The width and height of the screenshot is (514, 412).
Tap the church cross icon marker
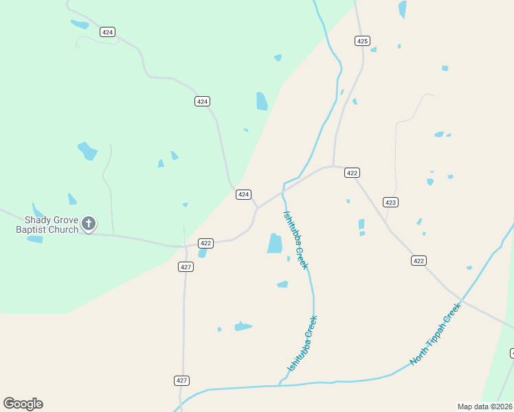(x=89, y=223)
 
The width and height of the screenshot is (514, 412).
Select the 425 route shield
(x=363, y=41)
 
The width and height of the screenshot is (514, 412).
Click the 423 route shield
(x=390, y=202)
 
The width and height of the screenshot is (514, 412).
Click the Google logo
(x=23, y=404)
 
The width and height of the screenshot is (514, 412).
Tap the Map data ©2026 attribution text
(x=484, y=407)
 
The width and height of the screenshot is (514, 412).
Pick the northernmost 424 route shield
(x=107, y=32)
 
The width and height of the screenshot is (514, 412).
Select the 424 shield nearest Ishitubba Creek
(x=243, y=194)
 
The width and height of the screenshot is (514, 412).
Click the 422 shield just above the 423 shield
(x=352, y=173)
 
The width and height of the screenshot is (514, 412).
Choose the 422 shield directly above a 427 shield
(x=205, y=243)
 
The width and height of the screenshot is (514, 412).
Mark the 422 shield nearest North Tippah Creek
(x=419, y=260)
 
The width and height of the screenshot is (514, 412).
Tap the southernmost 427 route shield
(x=181, y=380)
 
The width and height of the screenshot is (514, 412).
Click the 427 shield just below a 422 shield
(x=185, y=266)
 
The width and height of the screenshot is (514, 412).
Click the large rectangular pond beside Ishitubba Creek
(x=275, y=243)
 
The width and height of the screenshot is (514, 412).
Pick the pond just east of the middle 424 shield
(x=261, y=101)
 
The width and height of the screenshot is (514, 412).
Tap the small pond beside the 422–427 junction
(x=202, y=253)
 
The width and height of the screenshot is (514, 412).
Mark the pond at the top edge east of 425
(x=402, y=9)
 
